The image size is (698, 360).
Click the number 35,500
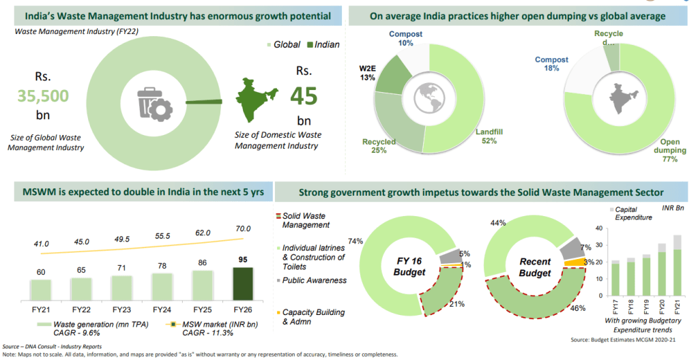tap(44, 95)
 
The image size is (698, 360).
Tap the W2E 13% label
tap(368, 73)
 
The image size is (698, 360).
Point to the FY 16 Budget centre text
tap(412, 266)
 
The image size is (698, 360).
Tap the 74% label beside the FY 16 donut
tap(354, 241)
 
